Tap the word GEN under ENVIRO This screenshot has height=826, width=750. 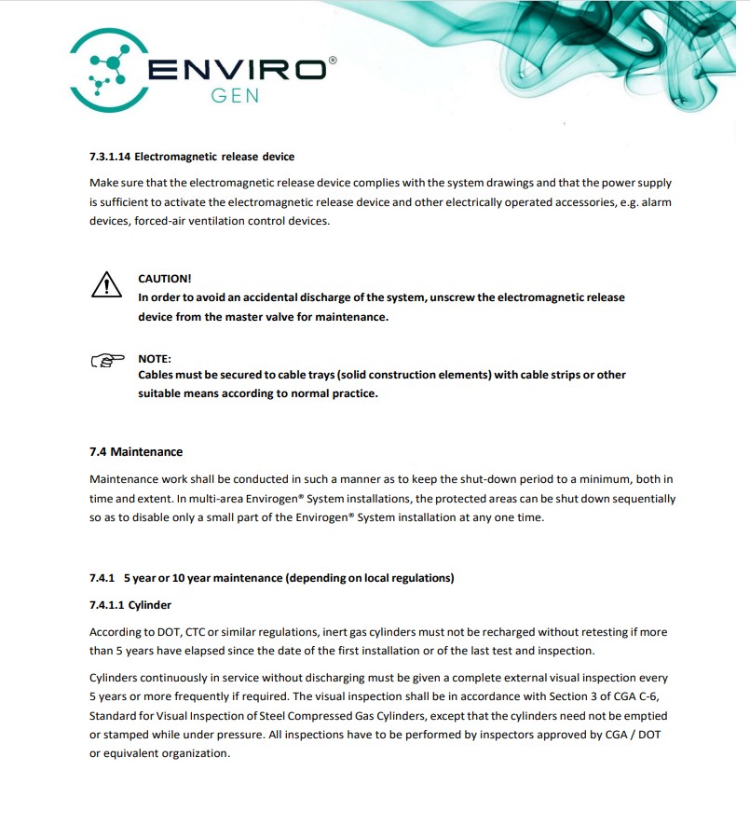(235, 96)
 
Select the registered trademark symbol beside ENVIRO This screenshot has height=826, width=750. (333, 59)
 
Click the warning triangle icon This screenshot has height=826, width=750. (107, 283)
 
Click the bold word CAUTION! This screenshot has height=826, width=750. (165, 279)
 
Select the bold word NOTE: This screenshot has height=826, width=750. (155, 359)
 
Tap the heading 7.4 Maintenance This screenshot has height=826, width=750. (136, 452)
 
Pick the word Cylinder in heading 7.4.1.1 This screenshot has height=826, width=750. (150, 605)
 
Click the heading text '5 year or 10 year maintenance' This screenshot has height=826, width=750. (202, 578)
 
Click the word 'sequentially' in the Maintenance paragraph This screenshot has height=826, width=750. (642, 499)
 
